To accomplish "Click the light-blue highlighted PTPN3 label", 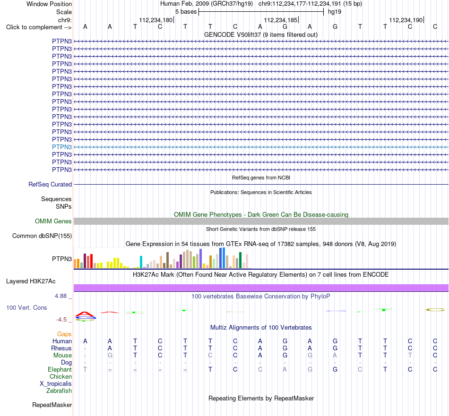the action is [62, 147].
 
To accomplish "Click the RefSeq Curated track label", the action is [50, 185].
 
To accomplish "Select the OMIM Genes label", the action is [53, 221].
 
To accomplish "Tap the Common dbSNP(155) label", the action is [42, 236].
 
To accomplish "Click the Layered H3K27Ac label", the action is [31, 281].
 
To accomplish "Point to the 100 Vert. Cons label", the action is [26, 307].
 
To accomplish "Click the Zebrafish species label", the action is [59, 391].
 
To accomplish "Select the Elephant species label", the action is [60, 370].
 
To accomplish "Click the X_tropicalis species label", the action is [56, 384].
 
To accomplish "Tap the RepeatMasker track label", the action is [52, 405].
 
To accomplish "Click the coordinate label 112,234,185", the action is [281, 20].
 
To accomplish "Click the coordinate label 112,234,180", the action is [156, 20].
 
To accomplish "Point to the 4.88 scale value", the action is [60, 296].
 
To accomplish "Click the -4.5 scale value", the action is [61, 320].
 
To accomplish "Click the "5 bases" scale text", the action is [186, 12].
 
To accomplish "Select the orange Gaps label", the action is [64, 334].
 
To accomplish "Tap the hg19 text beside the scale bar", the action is [335, 12].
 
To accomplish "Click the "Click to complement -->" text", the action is [39, 27].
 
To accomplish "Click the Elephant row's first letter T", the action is [85, 370].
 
